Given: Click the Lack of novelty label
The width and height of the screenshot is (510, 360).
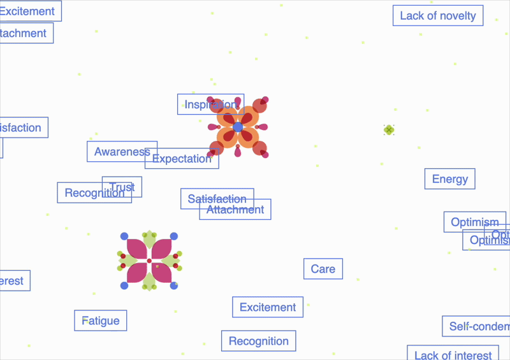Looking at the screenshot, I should pos(438,16).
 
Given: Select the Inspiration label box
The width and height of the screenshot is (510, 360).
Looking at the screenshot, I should pos(210,104).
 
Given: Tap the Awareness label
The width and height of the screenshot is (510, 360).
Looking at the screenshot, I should pos(122,152).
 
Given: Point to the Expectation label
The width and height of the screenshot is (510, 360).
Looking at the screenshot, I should pos(182,159).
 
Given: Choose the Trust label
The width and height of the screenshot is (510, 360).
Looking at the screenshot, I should pos(122,187).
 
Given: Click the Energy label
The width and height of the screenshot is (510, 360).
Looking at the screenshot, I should pos(450,179).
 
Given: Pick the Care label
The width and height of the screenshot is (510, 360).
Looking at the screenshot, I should pos(323,269).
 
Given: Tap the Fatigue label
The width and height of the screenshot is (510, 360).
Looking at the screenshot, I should pos(101,320).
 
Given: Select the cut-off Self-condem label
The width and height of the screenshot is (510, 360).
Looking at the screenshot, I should pos(476,326).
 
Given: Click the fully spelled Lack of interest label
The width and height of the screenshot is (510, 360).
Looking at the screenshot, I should pos(453,354).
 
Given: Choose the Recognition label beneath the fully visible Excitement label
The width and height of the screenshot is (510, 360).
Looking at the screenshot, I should pos(259,341).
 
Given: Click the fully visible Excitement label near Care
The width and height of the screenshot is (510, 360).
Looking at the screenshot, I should pos(268,307).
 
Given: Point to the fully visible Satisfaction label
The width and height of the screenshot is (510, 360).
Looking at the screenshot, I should pos(217,199).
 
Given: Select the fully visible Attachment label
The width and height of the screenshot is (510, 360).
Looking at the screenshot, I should pos(235,210).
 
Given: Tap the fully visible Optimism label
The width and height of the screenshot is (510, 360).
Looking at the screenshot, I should pos(475,222).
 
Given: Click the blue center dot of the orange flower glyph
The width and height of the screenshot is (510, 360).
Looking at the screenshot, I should pos(238,127).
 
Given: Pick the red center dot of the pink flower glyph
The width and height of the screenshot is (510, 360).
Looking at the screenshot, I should pos(149,261).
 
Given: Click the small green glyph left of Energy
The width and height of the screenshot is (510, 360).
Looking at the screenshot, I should pos(389,130).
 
